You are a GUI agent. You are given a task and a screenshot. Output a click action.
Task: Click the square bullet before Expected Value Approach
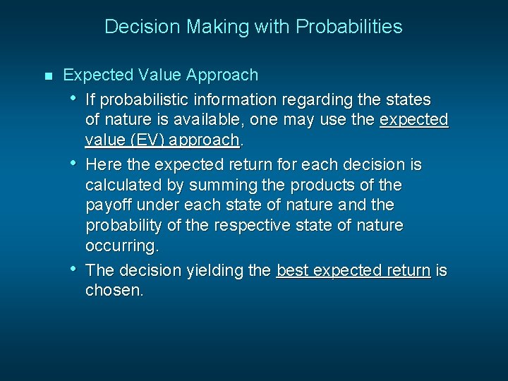click(47, 75)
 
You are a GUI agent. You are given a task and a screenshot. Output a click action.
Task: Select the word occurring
click(121, 246)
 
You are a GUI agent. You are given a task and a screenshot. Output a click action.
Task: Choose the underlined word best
click(292, 271)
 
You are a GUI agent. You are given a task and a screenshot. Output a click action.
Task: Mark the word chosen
click(114, 291)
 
